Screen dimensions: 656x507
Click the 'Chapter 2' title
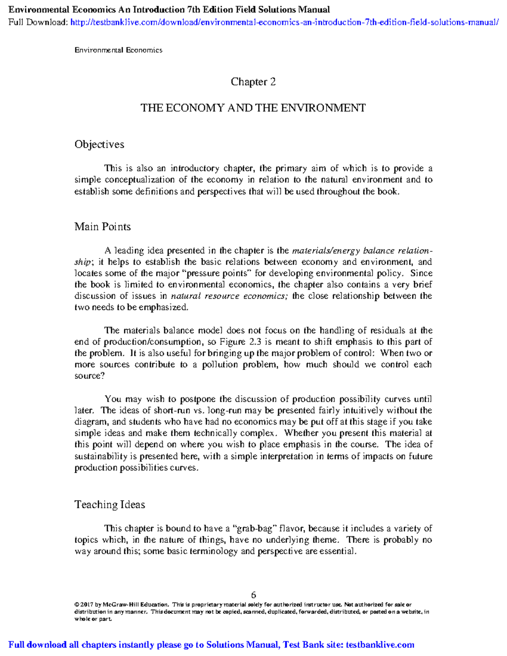click(253, 82)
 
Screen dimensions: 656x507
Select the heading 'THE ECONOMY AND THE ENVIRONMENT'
click(253, 108)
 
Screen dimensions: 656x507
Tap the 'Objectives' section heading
click(99, 144)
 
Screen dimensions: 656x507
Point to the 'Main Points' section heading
click(103, 227)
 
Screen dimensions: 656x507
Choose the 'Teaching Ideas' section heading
click(110, 505)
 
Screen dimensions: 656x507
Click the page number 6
click(253, 595)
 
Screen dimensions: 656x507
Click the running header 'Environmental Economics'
click(118, 50)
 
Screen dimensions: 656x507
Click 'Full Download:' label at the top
click(38, 22)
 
